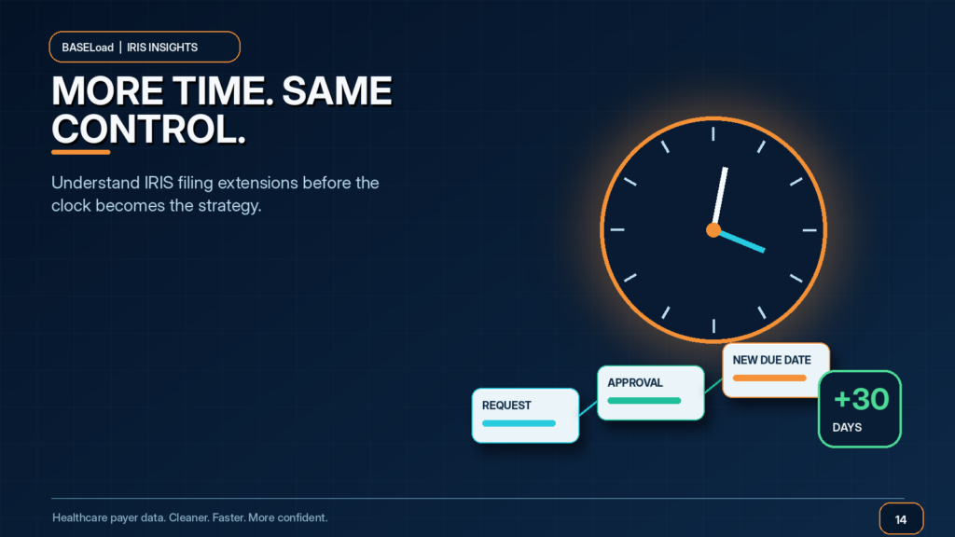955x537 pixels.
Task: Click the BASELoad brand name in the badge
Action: click(x=88, y=48)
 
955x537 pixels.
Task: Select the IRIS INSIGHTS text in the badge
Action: click(x=162, y=48)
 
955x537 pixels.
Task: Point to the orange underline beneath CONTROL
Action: click(x=81, y=152)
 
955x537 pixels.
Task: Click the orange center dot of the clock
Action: click(x=713, y=230)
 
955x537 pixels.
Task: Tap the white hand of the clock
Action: click(x=719, y=198)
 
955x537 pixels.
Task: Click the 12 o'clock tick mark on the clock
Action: click(x=713, y=134)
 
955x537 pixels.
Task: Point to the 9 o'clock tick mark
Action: click(x=617, y=229)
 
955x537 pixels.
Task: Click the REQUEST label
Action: click(x=506, y=406)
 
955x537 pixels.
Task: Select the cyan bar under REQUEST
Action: click(x=519, y=423)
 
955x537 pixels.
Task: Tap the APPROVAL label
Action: click(x=634, y=383)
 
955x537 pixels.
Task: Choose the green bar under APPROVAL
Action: click(x=644, y=401)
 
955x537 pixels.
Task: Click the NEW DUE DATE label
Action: click(x=771, y=360)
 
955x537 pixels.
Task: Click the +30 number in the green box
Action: click(x=861, y=399)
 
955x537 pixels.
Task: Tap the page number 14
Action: click(x=901, y=519)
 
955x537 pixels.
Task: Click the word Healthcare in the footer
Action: click(x=79, y=517)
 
